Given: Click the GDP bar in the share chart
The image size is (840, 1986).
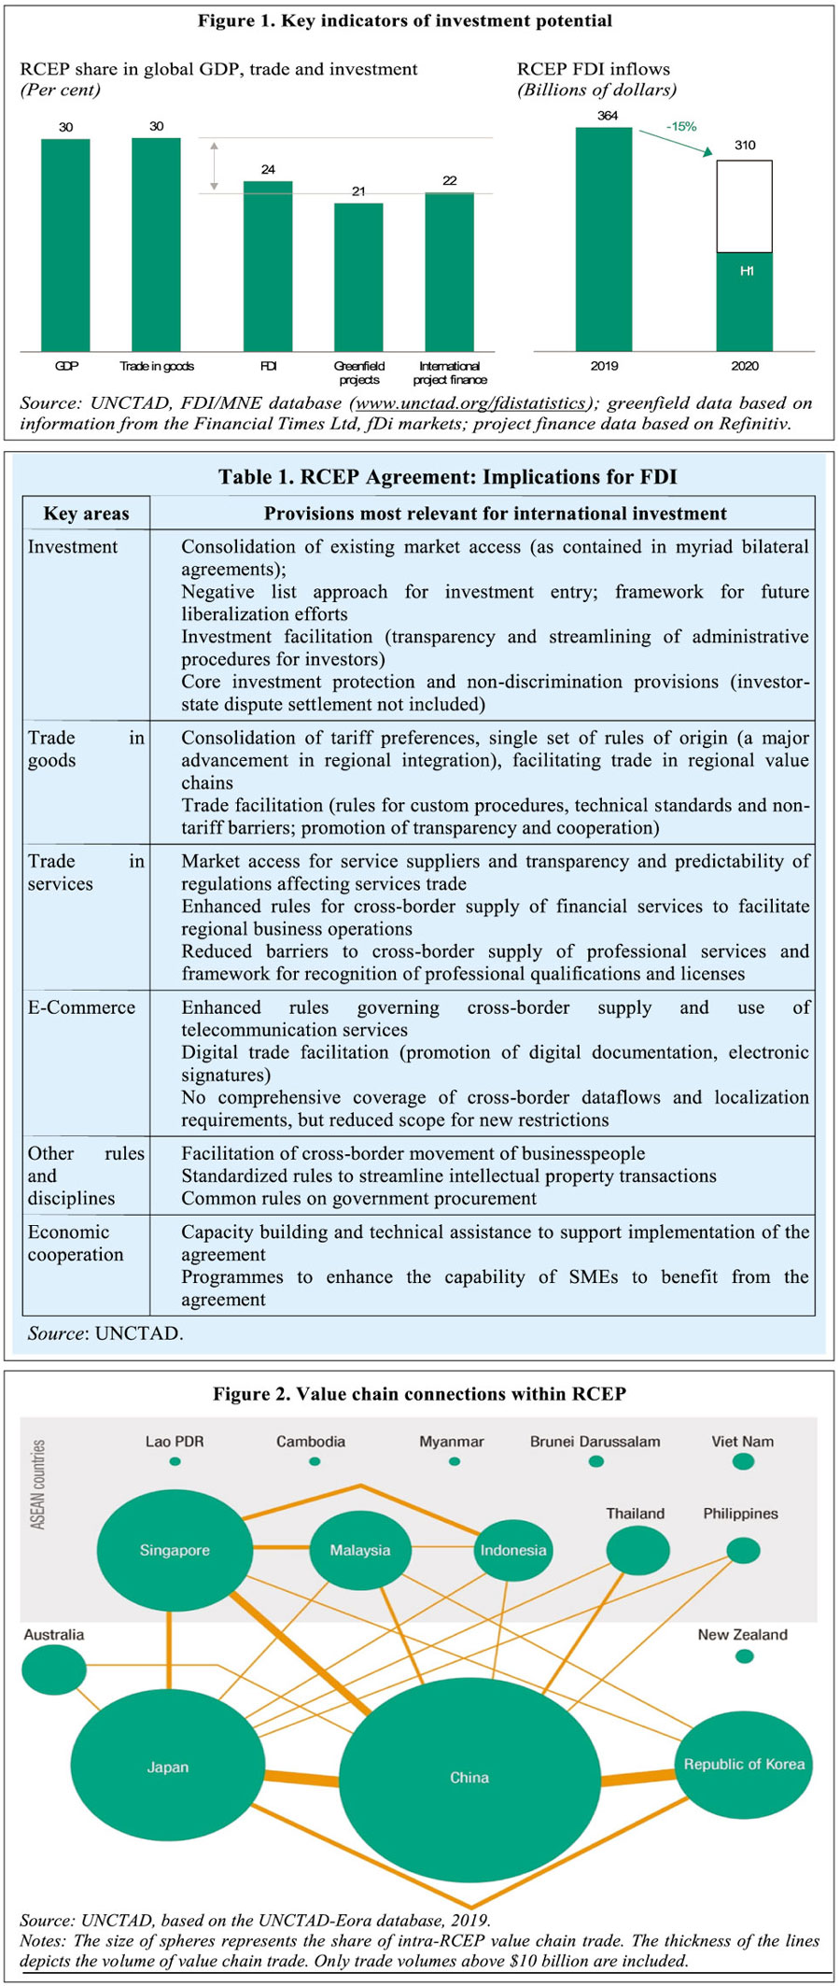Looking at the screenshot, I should pos(65,245).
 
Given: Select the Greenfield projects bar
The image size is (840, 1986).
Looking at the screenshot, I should pos(358,276).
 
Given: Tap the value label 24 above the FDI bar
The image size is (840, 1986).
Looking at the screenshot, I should pos(268,169).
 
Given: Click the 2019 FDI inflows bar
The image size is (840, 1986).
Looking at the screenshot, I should pos(604,239).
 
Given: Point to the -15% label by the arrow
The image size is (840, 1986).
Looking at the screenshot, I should pos(681,126).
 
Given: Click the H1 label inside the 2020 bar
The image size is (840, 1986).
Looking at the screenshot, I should pos(747,271).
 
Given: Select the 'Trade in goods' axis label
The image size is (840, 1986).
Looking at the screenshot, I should pos(157,366).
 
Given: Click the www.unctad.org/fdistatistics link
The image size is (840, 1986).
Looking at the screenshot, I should pos(470,403).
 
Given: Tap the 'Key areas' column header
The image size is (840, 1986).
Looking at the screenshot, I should pos(86,514).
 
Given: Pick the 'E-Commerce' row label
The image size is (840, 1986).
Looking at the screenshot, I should pos(81,1007).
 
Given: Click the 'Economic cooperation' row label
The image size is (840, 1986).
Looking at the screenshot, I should pos(75,1243).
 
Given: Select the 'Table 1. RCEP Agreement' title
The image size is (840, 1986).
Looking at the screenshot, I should pos(447,477).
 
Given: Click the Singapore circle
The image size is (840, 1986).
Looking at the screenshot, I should pos(175,1550).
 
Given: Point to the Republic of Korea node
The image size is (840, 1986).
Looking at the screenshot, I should pos(744,1764).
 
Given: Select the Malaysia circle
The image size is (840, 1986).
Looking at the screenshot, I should pos(360,1550).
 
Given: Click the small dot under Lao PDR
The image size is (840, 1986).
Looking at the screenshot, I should pos(175,1461).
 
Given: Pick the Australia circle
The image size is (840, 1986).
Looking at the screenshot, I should pos(54,1669).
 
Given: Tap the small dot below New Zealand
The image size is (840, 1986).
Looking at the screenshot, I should pos(744,1656).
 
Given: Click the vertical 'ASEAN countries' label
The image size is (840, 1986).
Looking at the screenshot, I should pos(38,1485).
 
